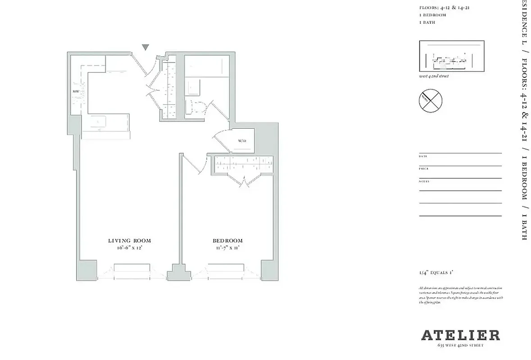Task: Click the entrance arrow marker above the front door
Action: click(x=145, y=47)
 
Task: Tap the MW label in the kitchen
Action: click(x=76, y=91)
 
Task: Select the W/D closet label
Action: click(x=242, y=141)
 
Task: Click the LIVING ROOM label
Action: click(x=129, y=241)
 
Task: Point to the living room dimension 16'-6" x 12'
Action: click(x=129, y=248)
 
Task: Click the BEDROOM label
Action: click(x=227, y=241)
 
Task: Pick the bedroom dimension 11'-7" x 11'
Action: click(x=227, y=248)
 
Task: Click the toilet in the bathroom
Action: click(x=197, y=107)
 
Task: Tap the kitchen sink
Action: click(x=98, y=122)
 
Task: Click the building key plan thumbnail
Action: click(x=451, y=56)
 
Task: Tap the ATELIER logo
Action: click(x=460, y=335)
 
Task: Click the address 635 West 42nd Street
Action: click(x=460, y=345)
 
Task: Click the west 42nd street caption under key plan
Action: click(x=434, y=76)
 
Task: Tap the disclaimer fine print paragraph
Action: click(x=460, y=295)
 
